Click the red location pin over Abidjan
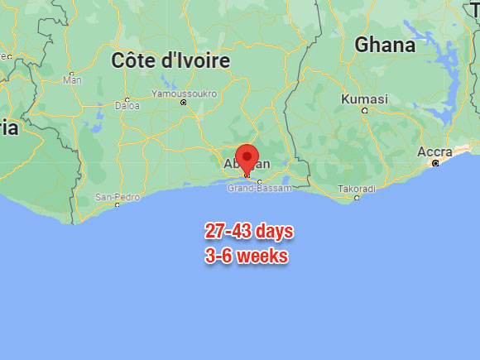pyautogui.click(x=247, y=156)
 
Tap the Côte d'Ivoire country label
pyautogui.click(x=170, y=61)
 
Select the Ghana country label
pyautogui.click(x=385, y=46)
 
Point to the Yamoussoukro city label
pyautogui.click(x=184, y=94)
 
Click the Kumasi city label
pyautogui.click(x=364, y=99)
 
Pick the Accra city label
pyautogui.click(x=434, y=151)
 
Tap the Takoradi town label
pyautogui.click(x=357, y=189)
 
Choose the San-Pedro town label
pyautogui.click(x=116, y=196)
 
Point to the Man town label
pyautogui.click(x=73, y=80)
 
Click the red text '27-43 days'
pyautogui.click(x=249, y=231)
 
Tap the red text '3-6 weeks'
pyautogui.click(x=247, y=257)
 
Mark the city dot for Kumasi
pyautogui.click(x=364, y=110)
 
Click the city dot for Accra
pyautogui.click(x=435, y=163)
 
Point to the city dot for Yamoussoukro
pyautogui.click(x=184, y=103)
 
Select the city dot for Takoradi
pyautogui.click(x=357, y=198)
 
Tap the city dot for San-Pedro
pyautogui.click(x=117, y=204)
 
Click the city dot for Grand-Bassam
pyautogui.click(x=259, y=181)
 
